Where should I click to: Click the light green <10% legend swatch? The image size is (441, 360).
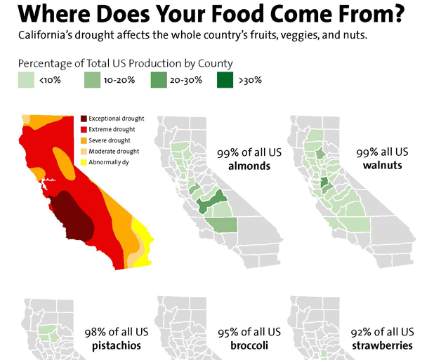[27, 80]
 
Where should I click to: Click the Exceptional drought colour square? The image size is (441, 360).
[84, 119]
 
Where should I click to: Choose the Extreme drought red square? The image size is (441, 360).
[84, 129]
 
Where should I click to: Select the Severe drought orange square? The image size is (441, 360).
[84, 140]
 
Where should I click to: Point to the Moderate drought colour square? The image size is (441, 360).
[84, 152]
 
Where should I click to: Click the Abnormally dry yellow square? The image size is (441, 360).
[84, 163]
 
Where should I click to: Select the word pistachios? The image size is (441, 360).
[117, 346]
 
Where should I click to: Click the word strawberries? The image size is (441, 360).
[382, 346]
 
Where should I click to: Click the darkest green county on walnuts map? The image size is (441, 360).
[325, 185]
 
